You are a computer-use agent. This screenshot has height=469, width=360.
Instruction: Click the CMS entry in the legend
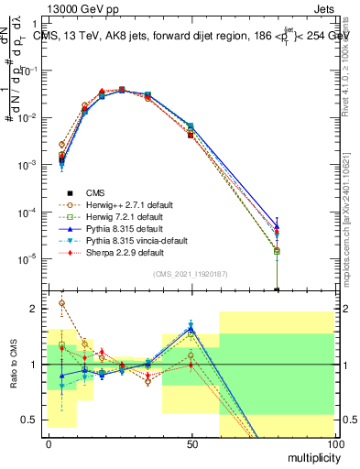[95, 192]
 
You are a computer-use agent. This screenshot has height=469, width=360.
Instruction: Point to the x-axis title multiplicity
[311, 456]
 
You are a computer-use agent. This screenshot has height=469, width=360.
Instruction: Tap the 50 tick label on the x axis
[191, 444]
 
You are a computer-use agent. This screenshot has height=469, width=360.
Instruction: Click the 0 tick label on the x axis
[48, 444]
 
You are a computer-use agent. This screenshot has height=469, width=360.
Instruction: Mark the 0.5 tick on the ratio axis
[33, 420]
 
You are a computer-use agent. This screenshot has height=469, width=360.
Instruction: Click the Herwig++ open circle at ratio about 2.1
[61, 303]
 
